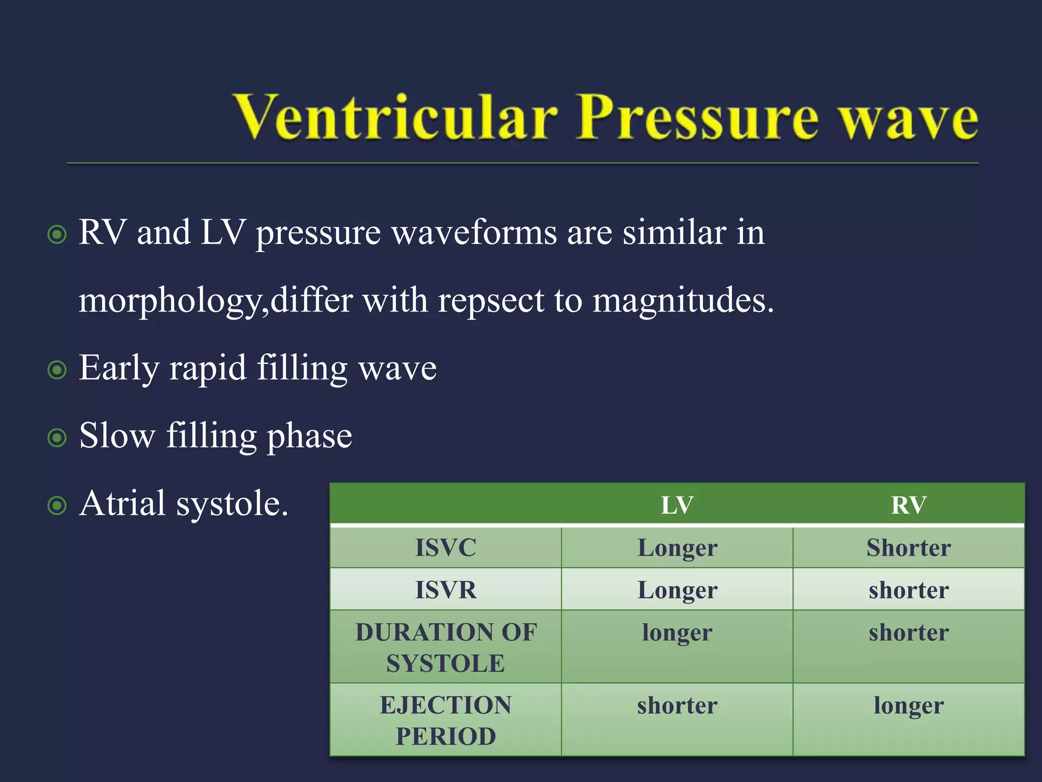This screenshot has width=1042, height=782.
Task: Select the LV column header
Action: click(x=677, y=505)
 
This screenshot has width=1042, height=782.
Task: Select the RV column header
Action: click(x=909, y=505)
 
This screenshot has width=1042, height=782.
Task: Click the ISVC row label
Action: click(x=446, y=548)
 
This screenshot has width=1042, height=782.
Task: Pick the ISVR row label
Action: click(x=446, y=590)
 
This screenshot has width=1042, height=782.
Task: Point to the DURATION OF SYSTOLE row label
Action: click(x=446, y=647)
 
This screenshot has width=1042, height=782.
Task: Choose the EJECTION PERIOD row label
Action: click(x=446, y=720)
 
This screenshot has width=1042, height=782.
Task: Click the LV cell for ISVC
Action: click(x=677, y=548)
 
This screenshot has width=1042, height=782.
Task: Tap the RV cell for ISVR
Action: click(x=909, y=590)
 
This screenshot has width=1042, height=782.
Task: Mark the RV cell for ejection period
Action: click(x=909, y=706)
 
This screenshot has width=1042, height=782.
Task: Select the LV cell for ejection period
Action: click(x=677, y=706)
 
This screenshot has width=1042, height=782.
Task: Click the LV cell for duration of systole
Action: click(x=677, y=633)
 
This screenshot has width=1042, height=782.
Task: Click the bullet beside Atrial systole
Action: click(x=57, y=506)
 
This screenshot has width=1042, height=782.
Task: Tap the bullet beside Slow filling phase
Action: click(x=57, y=438)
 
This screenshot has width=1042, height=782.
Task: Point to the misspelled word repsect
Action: click(x=491, y=300)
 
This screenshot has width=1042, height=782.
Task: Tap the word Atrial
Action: click(x=123, y=504)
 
